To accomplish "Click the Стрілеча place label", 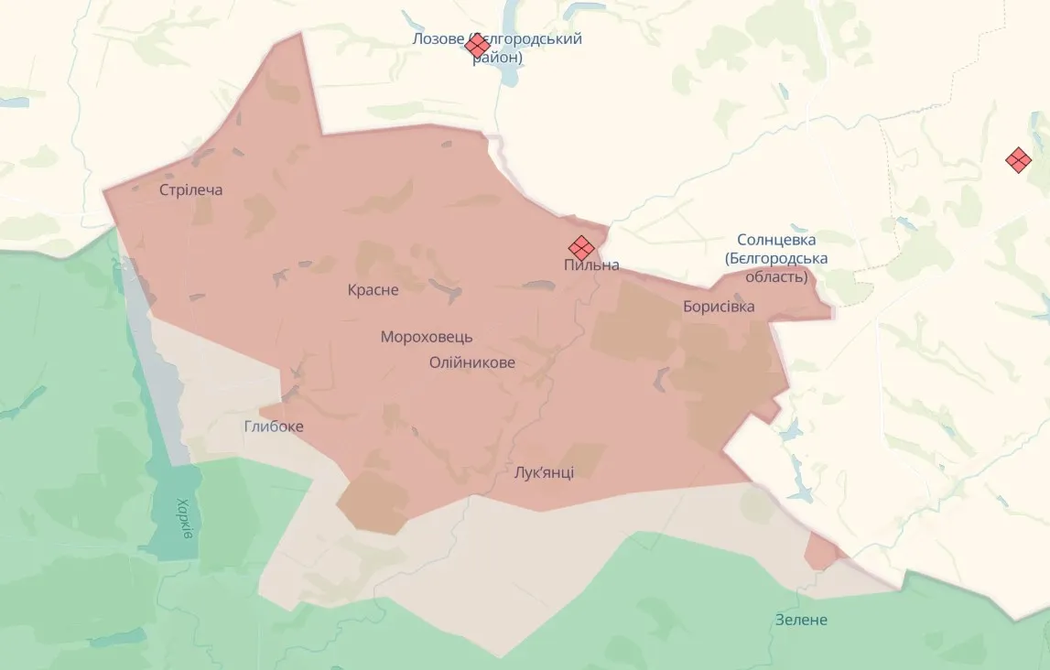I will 190,190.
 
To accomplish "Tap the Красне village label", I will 373,290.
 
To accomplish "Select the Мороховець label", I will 427,337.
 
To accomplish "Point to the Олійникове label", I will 471,362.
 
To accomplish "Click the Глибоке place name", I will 274,427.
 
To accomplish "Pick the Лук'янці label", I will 544,472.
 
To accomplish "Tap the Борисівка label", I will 719,307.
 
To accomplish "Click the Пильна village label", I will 591,265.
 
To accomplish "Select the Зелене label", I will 801,620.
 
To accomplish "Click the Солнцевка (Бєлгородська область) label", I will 775,257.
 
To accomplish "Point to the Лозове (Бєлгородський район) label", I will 497,48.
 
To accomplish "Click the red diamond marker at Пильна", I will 580,247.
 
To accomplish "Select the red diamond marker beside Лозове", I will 477,44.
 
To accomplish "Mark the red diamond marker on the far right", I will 1018,160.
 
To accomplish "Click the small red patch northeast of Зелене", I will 821,551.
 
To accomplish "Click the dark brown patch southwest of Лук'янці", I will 373,502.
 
